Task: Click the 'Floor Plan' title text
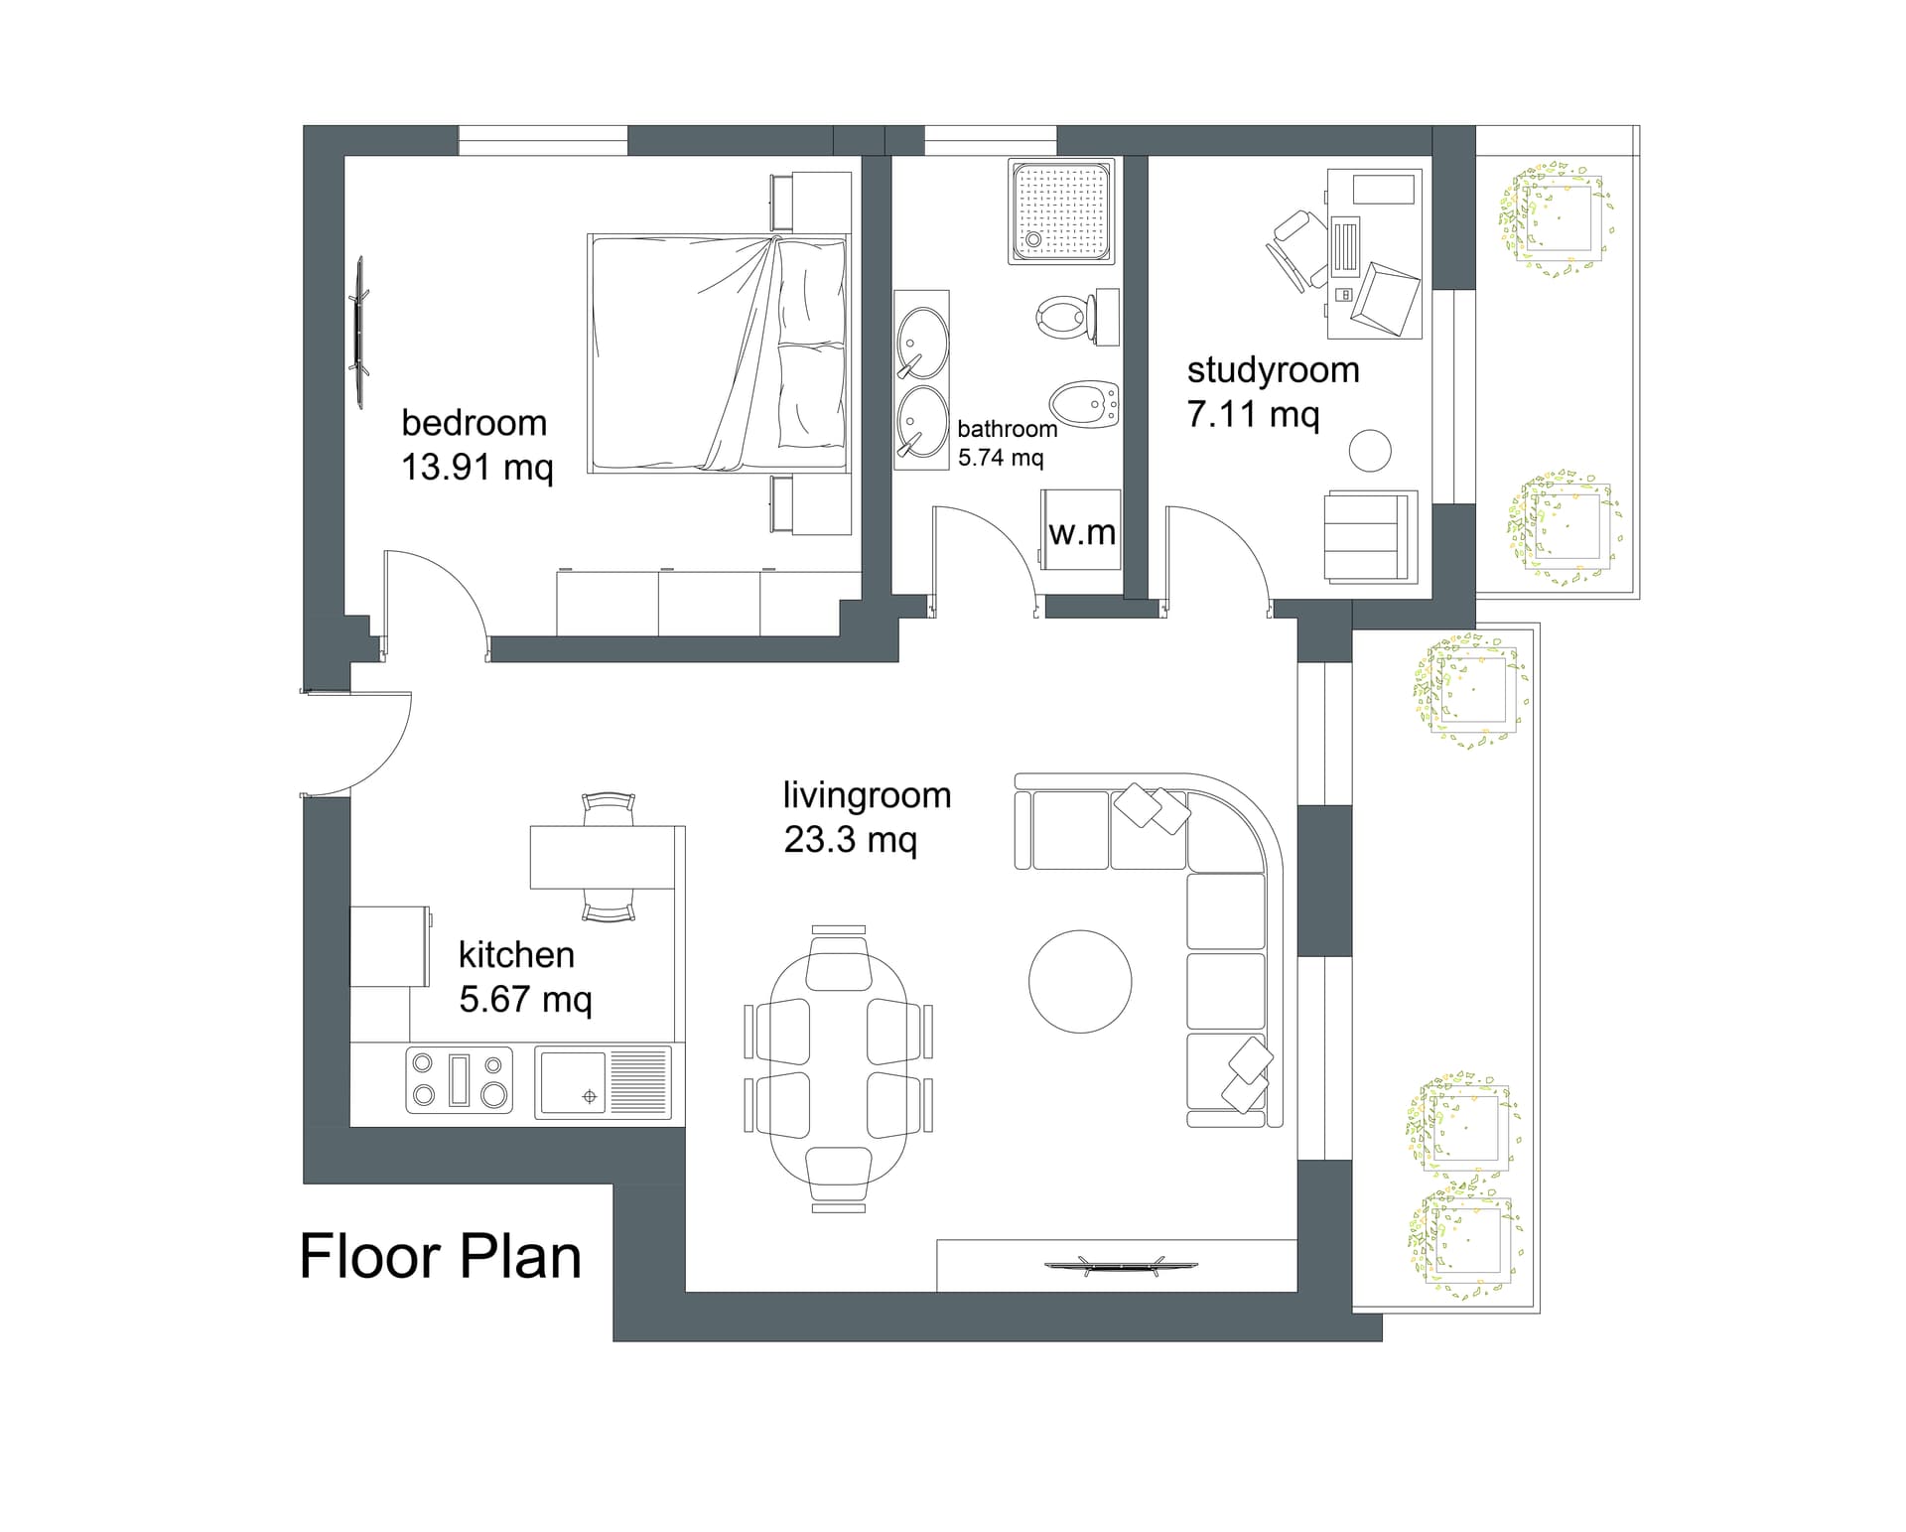(440, 1257)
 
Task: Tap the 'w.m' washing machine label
(1082, 533)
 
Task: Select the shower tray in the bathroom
(1061, 211)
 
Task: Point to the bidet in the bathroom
(1084, 404)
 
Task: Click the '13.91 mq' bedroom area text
(476, 467)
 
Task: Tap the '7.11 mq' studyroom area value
(1253, 413)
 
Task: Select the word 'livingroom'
(867, 795)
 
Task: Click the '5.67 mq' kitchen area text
(525, 999)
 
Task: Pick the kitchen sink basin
(571, 1082)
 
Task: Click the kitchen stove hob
(459, 1080)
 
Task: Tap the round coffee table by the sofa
(1080, 982)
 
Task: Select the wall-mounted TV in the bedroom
(358, 332)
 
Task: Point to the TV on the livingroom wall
(1121, 1265)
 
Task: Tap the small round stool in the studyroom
(1370, 450)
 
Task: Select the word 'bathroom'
(1008, 429)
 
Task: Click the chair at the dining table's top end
(839, 958)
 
